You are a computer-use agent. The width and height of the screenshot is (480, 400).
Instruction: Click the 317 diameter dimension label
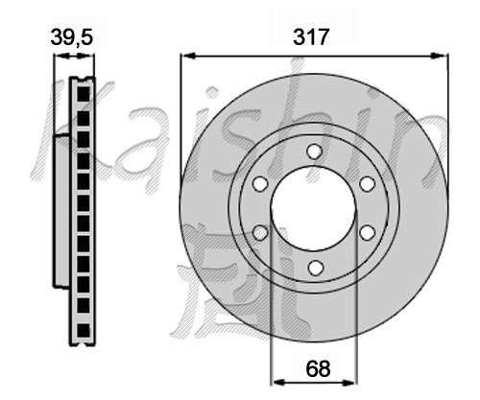pos(311,37)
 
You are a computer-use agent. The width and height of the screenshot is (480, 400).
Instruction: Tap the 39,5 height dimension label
pos(72,37)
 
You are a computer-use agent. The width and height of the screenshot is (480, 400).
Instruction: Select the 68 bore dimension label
pos(318,368)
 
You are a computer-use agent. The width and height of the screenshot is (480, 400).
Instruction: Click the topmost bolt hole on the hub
pos(314,152)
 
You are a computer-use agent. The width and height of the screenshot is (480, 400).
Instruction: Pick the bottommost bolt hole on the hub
pos(315,268)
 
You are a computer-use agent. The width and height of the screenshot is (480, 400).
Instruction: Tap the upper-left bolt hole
pos(260,183)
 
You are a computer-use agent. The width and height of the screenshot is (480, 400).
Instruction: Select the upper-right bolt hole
pos(367,183)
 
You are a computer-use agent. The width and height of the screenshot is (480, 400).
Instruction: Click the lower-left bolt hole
pos(260,232)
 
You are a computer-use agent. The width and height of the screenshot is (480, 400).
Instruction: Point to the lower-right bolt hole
pos(367,232)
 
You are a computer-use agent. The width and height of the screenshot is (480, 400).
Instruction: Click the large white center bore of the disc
pos(313,208)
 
